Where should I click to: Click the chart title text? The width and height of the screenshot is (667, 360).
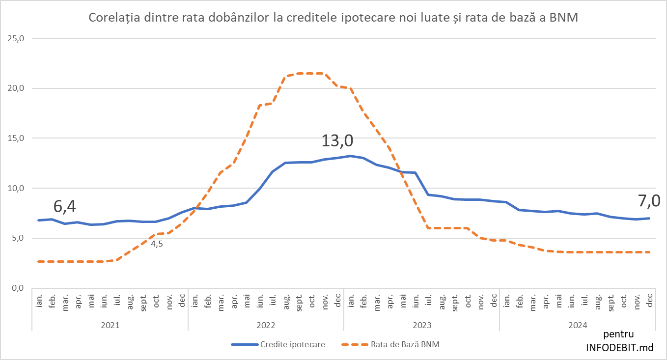click(x=333, y=18)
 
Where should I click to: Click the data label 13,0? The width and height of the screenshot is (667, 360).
click(x=337, y=141)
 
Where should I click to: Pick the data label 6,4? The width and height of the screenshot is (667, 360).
click(x=64, y=207)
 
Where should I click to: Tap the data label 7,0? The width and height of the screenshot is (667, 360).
click(x=648, y=200)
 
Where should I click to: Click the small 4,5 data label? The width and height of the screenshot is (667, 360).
click(x=157, y=244)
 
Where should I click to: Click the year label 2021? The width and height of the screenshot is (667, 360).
click(x=110, y=325)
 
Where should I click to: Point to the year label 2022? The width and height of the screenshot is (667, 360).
click(x=266, y=325)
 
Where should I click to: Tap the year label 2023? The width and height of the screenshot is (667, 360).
click(x=421, y=325)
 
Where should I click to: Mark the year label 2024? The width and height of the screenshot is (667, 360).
click(x=578, y=325)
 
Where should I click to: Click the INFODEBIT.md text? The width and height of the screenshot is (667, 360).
click(x=620, y=347)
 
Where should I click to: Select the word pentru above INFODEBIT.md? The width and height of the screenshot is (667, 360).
click(x=620, y=334)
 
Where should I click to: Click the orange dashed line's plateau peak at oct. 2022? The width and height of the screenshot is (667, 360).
click(x=311, y=73)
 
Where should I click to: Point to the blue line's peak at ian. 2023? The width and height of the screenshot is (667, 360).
click(x=350, y=156)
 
